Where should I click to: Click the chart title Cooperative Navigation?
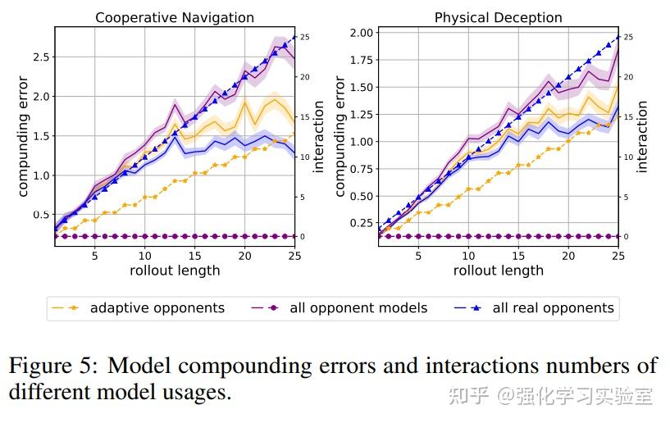(175, 17)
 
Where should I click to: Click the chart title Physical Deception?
(498, 17)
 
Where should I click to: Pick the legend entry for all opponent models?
(358, 308)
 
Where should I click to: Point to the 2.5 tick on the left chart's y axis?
(40, 57)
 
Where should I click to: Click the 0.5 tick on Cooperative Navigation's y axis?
(40, 215)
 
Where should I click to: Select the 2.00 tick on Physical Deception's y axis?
(360, 33)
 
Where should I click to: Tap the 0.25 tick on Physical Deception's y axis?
(360, 223)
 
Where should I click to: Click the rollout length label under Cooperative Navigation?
(175, 270)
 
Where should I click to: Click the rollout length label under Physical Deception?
(498, 270)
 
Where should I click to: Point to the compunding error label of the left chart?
(22, 136)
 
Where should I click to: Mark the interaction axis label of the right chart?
(642, 136)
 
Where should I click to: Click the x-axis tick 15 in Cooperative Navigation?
(194, 255)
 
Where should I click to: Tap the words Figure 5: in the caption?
(55, 366)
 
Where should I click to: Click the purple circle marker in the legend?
(273, 308)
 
